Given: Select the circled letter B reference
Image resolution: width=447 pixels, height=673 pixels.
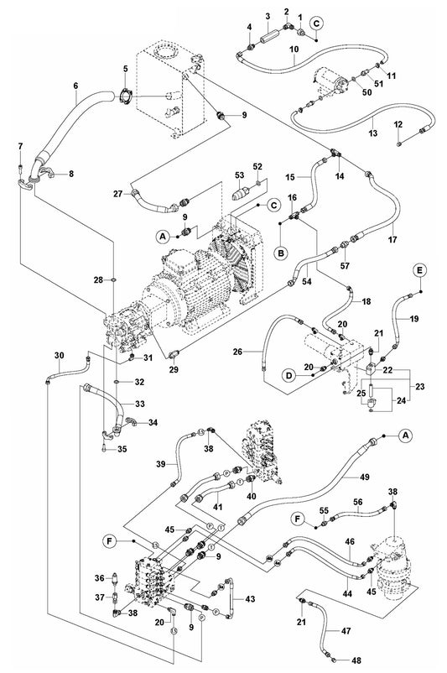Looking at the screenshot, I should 283,251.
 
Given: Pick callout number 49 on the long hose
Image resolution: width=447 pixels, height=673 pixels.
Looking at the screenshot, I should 365,477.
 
